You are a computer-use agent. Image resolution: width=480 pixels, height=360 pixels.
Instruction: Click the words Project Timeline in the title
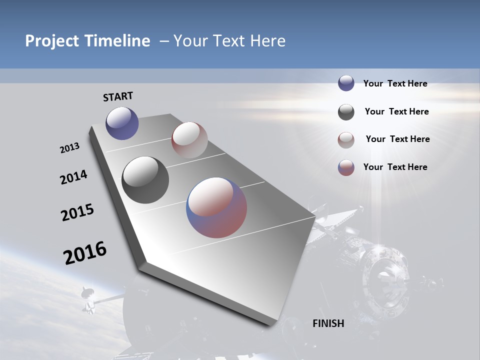tap(87, 41)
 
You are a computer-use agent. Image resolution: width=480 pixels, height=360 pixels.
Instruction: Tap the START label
tap(118, 96)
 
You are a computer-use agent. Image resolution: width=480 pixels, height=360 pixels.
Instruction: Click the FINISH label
tap(328, 323)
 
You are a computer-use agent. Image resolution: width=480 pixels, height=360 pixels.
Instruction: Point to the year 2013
tap(70, 148)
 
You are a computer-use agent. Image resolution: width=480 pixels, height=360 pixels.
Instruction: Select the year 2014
tap(74, 177)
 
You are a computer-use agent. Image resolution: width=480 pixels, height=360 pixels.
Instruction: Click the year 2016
tap(85, 253)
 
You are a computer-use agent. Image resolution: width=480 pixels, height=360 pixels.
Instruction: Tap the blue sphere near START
tap(122, 123)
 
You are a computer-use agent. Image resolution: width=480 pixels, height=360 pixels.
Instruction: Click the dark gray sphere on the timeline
tap(145, 180)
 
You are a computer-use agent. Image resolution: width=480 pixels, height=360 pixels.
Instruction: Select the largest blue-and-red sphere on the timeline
tap(216, 207)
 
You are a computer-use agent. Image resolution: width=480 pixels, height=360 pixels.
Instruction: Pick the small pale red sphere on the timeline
tap(189, 140)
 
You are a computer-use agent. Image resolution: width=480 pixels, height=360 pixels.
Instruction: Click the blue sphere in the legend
tap(346, 83)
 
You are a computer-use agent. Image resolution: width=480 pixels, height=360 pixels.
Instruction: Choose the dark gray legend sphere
tap(346, 112)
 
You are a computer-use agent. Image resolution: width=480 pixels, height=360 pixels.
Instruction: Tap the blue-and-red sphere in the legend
tap(346, 167)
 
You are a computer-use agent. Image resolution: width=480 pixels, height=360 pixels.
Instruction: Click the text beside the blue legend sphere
tap(395, 84)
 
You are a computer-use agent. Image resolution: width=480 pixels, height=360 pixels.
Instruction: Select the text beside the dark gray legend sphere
tap(396, 111)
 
